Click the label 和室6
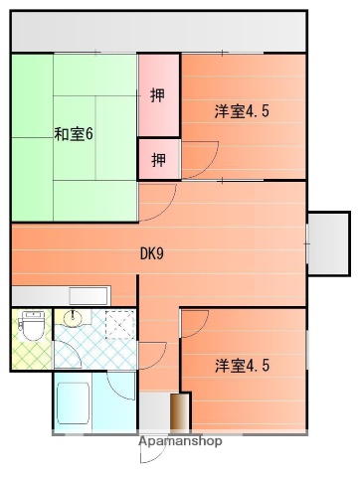pos(74,134)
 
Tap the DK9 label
pos(151,252)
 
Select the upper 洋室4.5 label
pos(242,111)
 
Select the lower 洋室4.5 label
pos(242,366)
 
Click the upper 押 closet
pos(158,95)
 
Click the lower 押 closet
pos(158,158)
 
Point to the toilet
pos(31,325)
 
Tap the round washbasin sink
pos(73,319)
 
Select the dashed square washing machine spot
pos(118,325)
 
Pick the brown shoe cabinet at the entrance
pos(179,412)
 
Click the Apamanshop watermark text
pos(180,442)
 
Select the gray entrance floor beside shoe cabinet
pos(153,412)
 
